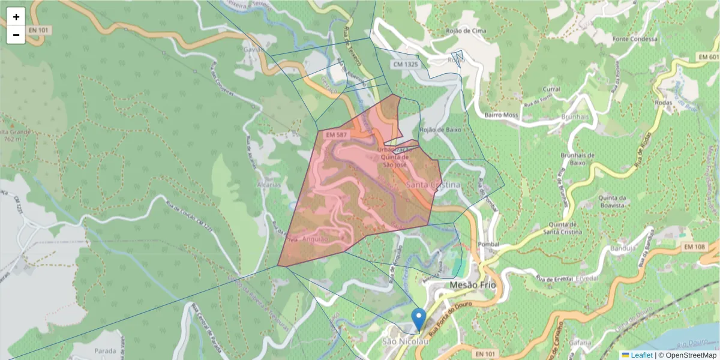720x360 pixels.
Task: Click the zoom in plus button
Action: [16, 17]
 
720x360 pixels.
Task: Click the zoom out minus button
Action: [16, 35]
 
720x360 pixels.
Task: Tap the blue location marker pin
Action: [419, 319]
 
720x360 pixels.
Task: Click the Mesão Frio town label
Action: [473, 285]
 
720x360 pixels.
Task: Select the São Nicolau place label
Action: [406, 341]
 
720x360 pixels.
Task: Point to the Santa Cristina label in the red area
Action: [433, 185]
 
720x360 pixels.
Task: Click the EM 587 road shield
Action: [337, 136]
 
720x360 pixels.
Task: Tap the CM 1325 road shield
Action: [406, 64]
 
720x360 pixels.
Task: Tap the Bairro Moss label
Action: [500, 115]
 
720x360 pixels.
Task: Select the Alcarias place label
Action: [269, 185]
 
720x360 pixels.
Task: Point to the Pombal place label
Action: [489, 244]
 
